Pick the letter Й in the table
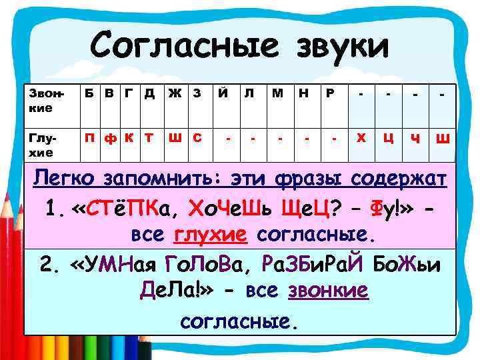click(x=220, y=94)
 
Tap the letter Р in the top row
click(x=330, y=94)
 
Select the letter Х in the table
click(x=361, y=138)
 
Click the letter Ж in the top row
click(x=173, y=94)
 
